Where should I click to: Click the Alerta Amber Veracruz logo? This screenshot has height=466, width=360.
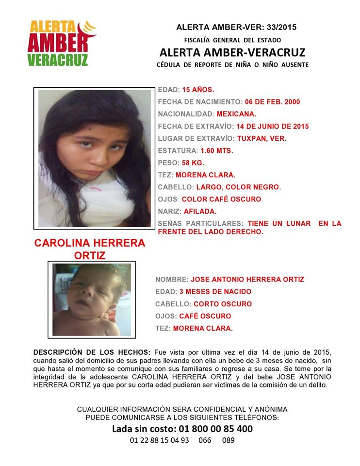point(62,43)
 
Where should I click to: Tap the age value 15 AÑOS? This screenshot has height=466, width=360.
point(198,90)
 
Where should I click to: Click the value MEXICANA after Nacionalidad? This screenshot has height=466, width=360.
point(236,114)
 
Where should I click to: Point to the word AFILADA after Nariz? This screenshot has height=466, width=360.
point(200,211)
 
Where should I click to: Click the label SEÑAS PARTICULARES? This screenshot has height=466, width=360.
point(200,223)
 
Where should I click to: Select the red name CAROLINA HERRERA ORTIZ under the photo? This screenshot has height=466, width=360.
point(90,249)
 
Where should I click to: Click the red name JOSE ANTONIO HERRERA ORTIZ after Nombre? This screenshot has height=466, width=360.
point(247,280)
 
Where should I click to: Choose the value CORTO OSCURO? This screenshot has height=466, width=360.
point(223,304)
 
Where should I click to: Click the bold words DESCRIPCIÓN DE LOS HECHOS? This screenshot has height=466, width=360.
point(92,351)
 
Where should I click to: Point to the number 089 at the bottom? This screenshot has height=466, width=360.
point(228,441)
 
